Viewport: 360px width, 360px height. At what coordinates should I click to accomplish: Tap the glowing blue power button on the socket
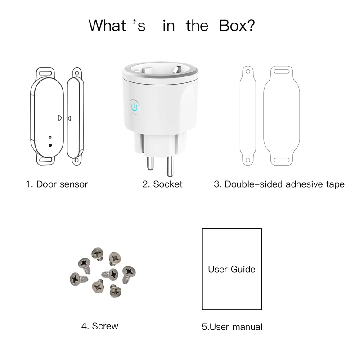click(134, 107)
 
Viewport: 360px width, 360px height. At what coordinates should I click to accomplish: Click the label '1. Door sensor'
click(57, 184)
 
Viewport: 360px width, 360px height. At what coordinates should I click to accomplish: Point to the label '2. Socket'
click(162, 184)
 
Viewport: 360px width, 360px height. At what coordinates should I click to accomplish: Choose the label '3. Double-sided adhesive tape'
click(279, 184)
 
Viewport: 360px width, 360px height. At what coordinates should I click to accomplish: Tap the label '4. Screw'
click(100, 326)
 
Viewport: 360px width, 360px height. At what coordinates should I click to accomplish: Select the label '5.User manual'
click(232, 327)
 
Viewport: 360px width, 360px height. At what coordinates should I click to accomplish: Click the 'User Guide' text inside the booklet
click(231, 270)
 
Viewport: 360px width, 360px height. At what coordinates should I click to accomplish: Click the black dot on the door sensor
click(50, 145)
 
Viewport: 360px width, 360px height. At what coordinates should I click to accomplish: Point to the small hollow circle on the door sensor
click(50, 137)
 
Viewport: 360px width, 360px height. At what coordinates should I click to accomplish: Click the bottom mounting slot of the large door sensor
click(45, 159)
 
